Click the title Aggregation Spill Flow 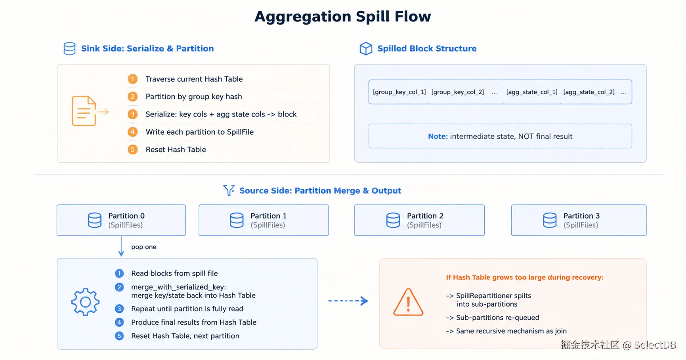coord(343,17)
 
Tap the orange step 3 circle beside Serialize coord(133,114)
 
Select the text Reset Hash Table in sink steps coord(176,149)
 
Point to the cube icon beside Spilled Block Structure coord(366,48)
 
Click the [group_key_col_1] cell coord(399,92)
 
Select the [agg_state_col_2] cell coord(589,92)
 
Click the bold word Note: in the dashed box coord(438,136)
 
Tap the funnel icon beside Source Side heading coord(229,190)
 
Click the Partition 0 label coord(126,216)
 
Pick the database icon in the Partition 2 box coord(393,220)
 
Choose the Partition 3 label coord(581,216)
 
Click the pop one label coord(144,247)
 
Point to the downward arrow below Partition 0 coord(121,246)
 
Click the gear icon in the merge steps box coord(85,302)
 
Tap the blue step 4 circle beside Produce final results coord(119,322)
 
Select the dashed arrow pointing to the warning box coord(348,301)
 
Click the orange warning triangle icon coord(408,302)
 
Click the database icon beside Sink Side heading coord(70,48)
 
